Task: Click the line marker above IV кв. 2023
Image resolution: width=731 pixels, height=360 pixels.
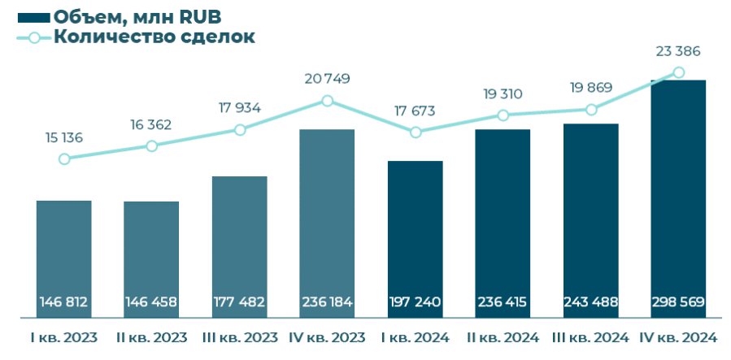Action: pos(327,101)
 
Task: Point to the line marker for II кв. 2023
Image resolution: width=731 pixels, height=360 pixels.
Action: pos(151,145)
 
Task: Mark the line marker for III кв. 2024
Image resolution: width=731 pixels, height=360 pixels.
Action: pos(591,110)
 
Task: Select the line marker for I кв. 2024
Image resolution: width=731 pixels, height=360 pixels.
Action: pos(416,132)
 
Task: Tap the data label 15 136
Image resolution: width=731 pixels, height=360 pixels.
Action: pos(64,137)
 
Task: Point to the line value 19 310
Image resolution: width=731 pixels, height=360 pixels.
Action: pos(502,94)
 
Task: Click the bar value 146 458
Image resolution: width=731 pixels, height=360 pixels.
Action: pos(151,302)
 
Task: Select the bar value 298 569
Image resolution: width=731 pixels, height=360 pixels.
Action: pos(679,302)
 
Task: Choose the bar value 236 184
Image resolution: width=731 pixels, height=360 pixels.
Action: pos(327,302)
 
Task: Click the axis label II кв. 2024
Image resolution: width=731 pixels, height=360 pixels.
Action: pos(503,337)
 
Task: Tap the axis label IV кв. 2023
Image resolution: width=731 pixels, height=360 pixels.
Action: pos(327,337)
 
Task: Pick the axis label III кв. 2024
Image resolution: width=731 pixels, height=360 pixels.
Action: pos(591,337)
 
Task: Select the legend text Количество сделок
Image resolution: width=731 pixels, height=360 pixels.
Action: pos(154,37)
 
